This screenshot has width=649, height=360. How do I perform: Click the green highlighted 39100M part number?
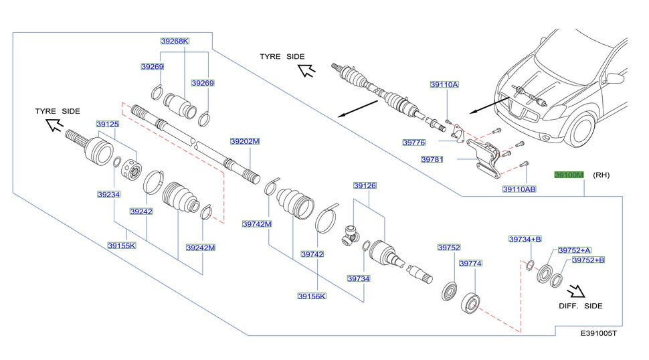(x=569, y=175)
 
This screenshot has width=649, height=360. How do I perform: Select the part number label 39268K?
(x=175, y=41)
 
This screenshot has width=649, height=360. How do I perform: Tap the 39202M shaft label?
(x=244, y=142)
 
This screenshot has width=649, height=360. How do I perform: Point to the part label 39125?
(x=107, y=124)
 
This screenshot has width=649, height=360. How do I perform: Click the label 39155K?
(x=121, y=246)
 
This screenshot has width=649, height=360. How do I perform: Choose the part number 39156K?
(x=312, y=295)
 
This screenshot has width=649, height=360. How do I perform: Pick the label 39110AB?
(x=519, y=189)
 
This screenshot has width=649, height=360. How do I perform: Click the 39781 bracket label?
(x=432, y=160)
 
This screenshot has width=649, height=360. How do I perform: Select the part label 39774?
(x=470, y=264)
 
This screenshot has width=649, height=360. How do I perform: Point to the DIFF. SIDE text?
(x=580, y=306)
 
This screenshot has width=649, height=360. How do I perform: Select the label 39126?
(x=365, y=185)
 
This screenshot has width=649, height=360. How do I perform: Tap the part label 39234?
(x=108, y=194)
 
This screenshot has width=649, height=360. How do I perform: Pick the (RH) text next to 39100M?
(x=601, y=175)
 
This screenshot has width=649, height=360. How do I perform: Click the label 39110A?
(x=444, y=85)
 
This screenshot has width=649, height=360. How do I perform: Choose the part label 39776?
(x=413, y=142)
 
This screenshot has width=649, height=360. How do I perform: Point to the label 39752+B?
(x=587, y=260)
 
